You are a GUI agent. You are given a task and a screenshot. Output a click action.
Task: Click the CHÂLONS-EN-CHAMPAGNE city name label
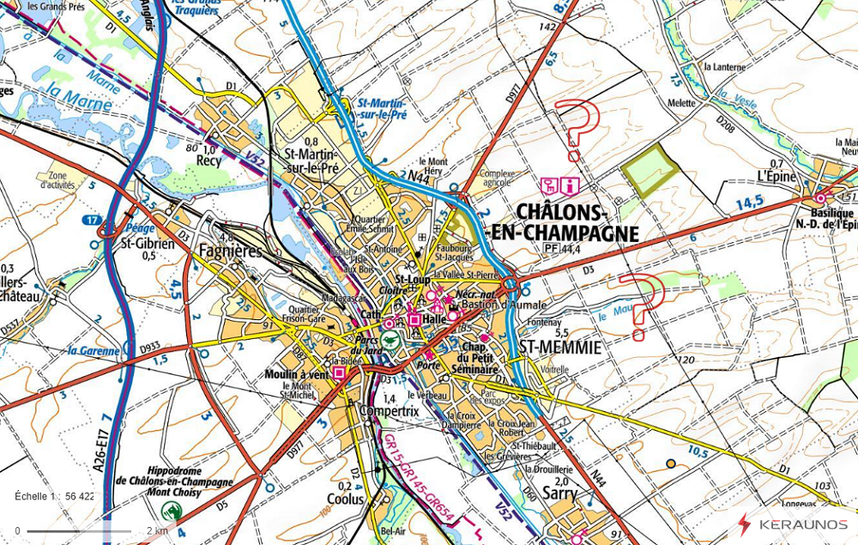click(x=576, y=222)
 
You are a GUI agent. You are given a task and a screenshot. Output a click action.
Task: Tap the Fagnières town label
click(x=229, y=251)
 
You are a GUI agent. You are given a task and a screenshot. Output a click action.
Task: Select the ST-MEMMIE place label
click(x=561, y=347)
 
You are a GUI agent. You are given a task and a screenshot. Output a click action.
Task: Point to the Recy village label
click(x=208, y=160)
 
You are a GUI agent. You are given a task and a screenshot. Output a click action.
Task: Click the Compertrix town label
click(x=389, y=411)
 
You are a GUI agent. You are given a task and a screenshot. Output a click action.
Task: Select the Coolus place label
click(x=345, y=498)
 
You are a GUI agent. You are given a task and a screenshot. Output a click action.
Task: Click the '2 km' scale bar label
click(x=156, y=530)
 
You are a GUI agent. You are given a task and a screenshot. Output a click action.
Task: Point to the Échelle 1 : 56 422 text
click(x=55, y=496)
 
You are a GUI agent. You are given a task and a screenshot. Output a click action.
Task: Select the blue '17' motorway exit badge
click(x=92, y=221)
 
